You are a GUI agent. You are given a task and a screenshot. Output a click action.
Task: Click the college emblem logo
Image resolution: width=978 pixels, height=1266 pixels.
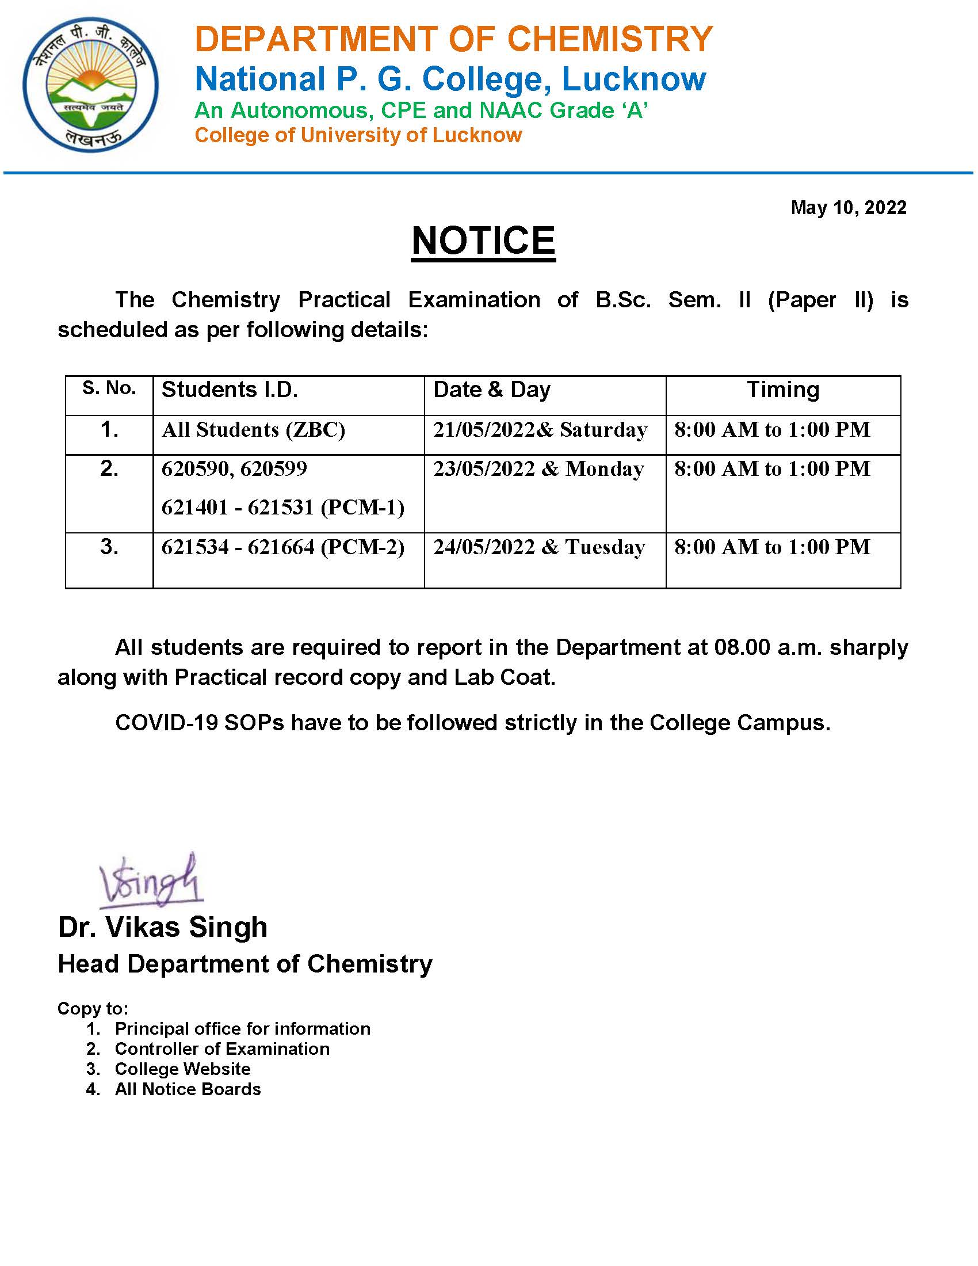pos(90,85)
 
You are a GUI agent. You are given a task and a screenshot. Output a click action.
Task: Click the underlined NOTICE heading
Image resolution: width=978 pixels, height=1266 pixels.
pos(483,241)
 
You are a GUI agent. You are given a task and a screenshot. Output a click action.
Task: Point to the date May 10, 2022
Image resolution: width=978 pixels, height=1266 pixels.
pos(848,208)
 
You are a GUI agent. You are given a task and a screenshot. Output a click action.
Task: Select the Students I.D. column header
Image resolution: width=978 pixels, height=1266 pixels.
pos(230,390)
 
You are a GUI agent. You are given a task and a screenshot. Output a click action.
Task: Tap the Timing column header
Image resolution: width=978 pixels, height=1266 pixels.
pos(783,390)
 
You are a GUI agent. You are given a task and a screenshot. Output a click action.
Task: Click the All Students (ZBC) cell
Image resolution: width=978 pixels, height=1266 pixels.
pos(253,429)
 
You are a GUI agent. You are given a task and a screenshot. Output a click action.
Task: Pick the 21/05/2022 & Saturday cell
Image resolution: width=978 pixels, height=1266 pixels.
pos(540,429)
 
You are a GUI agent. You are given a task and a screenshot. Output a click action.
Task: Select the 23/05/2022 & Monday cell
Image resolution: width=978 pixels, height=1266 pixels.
pos(538,468)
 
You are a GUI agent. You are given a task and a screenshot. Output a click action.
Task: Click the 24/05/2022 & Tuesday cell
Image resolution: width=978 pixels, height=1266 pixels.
pos(539,547)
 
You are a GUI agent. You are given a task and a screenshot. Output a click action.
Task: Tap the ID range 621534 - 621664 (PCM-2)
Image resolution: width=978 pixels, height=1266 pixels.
pos(282,547)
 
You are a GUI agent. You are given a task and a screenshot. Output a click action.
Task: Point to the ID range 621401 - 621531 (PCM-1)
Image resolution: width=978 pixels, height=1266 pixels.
pos(282,507)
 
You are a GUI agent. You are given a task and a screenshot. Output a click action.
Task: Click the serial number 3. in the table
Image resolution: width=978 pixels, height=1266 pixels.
pos(109,547)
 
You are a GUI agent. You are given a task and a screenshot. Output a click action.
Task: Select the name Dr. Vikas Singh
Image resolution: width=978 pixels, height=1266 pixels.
pos(163,927)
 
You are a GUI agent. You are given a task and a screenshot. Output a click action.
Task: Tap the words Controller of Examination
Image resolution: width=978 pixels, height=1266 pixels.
pos(222,1048)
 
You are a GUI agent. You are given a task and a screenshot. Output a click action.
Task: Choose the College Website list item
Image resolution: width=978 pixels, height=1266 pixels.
pos(182,1069)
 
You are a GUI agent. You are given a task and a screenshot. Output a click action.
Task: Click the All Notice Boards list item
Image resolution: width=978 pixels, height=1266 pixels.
pos(188,1089)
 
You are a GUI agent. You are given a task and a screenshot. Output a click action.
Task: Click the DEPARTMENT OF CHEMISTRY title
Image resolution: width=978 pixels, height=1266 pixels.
pos(454,39)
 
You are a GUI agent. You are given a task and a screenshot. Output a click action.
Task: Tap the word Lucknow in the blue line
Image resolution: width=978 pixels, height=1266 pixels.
pos(634,79)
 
